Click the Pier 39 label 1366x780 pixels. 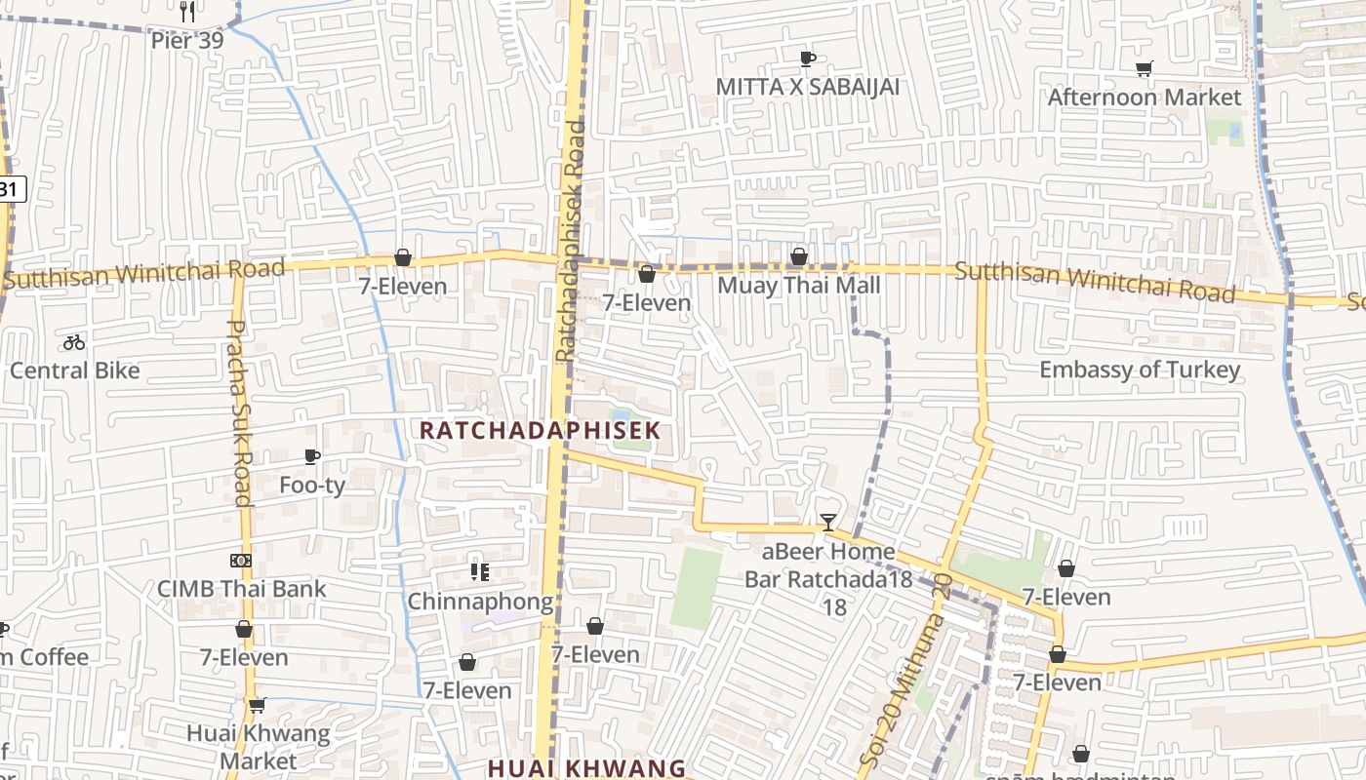[x=187, y=41]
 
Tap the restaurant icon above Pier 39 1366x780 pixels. [x=188, y=12]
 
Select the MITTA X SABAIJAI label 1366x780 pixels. [x=807, y=87]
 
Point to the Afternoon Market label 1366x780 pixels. [x=1144, y=97]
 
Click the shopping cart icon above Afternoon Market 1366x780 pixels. [x=1144, y=68]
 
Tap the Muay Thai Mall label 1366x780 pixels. [x=798, y=286]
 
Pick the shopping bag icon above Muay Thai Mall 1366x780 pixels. [x=798, y=256]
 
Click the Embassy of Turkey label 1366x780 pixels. [x=1139, y=370]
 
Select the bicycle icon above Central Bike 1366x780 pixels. [x=74, y=342]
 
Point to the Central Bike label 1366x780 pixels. [x=74, y=370]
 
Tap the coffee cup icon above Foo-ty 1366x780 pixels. [x=312, y=456]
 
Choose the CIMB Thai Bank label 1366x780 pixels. [x=241, y=589]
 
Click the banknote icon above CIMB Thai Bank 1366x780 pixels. [x=241, y=561]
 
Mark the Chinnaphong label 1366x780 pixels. [x=479, y=602]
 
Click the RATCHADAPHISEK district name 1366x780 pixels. [x=540, y=430]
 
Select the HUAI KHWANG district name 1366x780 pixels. [x=586, y=767]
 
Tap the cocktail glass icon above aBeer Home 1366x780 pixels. [x=827, y=523]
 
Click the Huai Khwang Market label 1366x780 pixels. [x=258, y=746]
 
